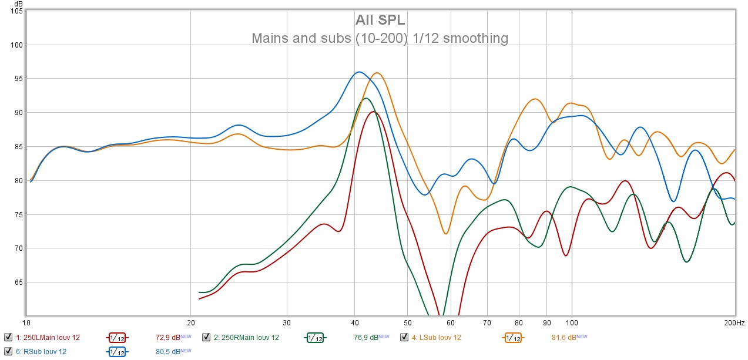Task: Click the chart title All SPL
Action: click(x=380, y=21)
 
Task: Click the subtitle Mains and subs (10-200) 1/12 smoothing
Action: click(x=380, y=39)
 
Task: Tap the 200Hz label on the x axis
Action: click(x=734, y=323)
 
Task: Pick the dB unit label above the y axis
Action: click(x=18, y=4)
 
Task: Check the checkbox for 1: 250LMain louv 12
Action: click(x=8, y=337)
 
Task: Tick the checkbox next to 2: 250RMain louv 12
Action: click(x=206, y=337)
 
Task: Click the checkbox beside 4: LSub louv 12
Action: click(x=404, y=337)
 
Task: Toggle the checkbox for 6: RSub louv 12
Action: click(x=8, y=351)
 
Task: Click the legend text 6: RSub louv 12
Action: click(x=41, y=352)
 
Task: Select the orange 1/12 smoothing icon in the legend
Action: click(x=512, y=338)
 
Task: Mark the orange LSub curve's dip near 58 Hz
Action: click(x=446, y=234)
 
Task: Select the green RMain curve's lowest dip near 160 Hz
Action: click(x=686, y=262)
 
